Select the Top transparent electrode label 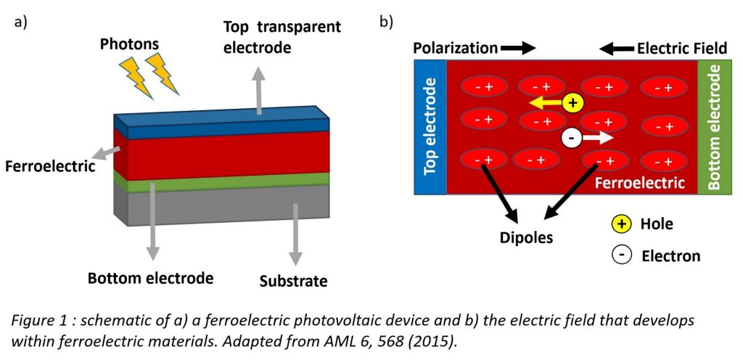coord(282,37)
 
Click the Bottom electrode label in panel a coord(151,278)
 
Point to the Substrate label coord(294,281)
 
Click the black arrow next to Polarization coord(519,49)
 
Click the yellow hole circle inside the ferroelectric coord(573,103)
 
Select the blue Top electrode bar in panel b coord(430,127)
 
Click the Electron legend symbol coord(621,255)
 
